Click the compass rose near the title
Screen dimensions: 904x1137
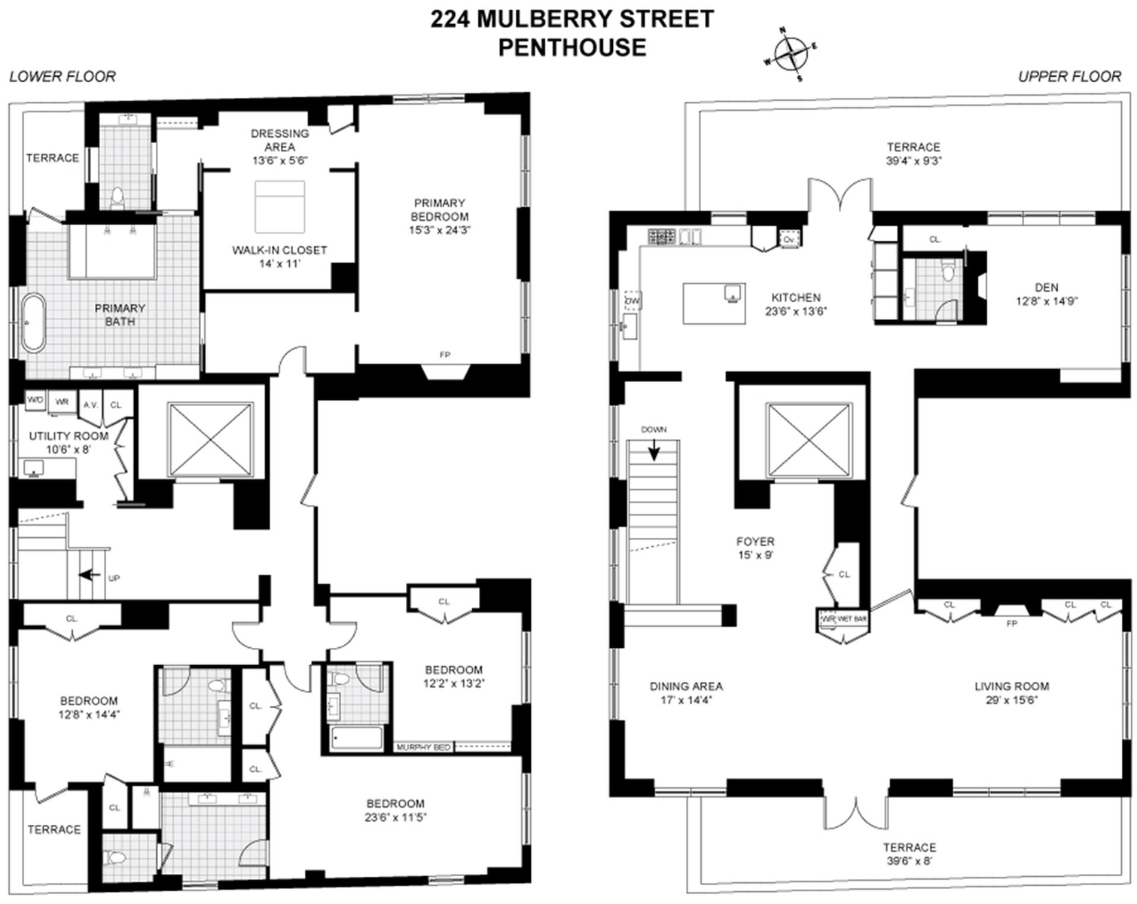[790, 55]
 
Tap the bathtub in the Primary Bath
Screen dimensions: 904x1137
[33, 322]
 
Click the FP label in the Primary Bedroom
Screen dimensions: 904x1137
[445, 355]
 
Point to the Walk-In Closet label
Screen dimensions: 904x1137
[279, 250]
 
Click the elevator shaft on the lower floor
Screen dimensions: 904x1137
[210, 438]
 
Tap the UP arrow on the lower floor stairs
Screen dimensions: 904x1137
[91, 575]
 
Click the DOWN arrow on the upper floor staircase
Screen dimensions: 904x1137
[654, 450]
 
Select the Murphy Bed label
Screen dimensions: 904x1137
[423, 747]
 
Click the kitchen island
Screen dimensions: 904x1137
[714, 303]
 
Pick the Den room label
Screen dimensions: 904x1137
[1046, 287]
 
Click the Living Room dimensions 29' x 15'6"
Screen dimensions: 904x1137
[1011, 700]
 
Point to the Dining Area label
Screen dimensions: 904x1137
[686, 686]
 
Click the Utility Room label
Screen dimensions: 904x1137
[69, 436]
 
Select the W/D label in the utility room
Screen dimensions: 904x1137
[35, 401]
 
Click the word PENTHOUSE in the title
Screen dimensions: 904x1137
[572, 47]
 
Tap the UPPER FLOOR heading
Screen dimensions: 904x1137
[1069, 76]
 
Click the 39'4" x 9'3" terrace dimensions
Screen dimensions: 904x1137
[913, 160]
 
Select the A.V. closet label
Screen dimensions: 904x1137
[90, 405]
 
